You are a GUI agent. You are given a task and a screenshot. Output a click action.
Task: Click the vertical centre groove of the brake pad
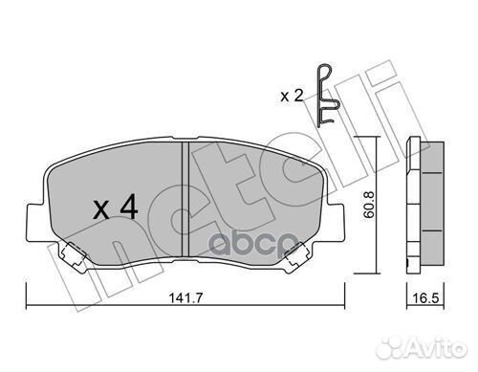[x=183, y=186]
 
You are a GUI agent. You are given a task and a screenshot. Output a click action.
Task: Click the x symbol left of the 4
[x=100, y=208]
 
